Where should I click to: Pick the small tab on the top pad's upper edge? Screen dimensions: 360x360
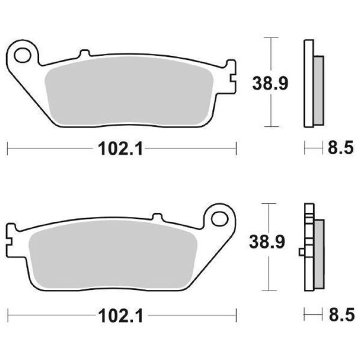(84, 54)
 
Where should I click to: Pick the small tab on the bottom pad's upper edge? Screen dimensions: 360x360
(157, 217)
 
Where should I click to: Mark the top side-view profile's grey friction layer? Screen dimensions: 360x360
(318, 90)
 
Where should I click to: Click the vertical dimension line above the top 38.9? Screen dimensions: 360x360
(270, 54)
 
